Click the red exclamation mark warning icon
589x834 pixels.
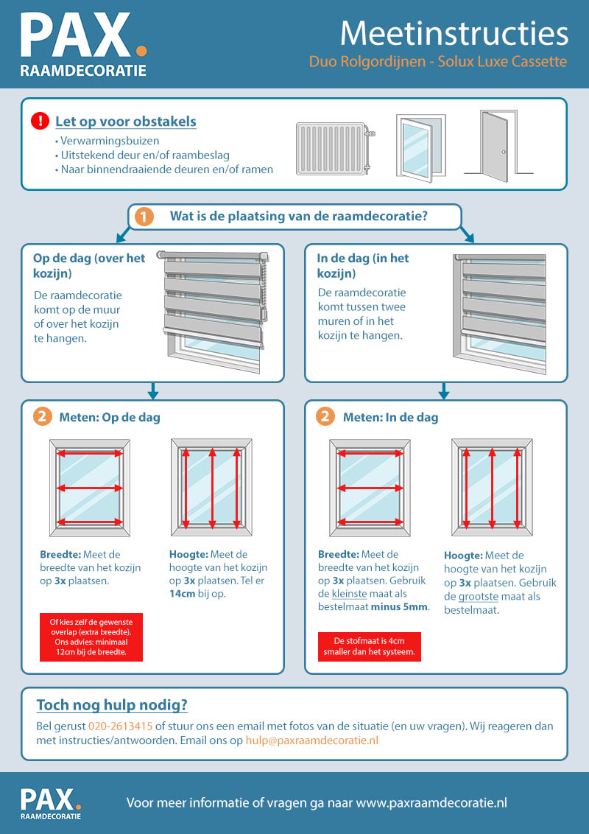pos(40,121)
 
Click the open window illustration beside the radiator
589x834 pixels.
pos(421,146)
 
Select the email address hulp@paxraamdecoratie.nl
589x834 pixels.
pos(312,740)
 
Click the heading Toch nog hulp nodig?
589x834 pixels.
pos(112,705)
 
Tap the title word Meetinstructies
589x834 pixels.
pos(454,34)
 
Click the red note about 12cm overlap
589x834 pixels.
pos(91,637)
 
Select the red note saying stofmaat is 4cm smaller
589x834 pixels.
pos(369,645)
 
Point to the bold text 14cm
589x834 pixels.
pos(184,593)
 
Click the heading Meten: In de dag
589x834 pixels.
pos(390,418)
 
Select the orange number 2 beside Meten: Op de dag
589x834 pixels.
pos(43,417)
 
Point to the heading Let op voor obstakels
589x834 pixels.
pos(126,121)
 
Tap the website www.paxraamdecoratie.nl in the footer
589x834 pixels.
pos(431,802)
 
